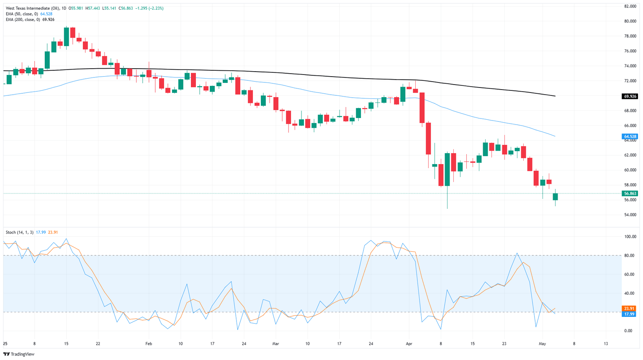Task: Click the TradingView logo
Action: (19, 354)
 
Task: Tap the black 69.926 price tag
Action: (630, 96)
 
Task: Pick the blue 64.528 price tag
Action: (630, 136)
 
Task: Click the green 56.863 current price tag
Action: (630, 193)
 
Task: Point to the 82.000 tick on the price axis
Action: (630, 6)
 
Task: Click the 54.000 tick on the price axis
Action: (630, 215)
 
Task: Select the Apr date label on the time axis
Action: (409, 344)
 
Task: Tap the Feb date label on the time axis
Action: (149, 344)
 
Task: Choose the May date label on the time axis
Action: (542, 344)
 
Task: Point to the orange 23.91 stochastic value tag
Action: (629, 309)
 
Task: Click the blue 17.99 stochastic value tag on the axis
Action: (629, 314)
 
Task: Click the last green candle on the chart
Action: (555, 196)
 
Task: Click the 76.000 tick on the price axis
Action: (630, 51)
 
